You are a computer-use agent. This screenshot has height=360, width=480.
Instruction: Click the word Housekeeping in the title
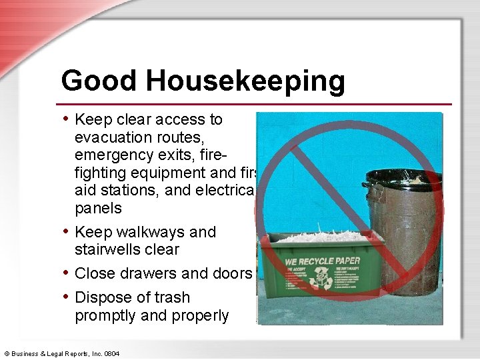(x=246, y=81)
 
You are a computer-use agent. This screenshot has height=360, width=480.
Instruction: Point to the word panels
(x=99, y=208)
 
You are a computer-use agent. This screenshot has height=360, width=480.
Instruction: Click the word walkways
(x=149, y=232)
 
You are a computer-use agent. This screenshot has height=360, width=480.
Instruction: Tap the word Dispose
(x=103, y=297)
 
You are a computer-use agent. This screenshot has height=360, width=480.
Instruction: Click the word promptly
(x=105, y=315)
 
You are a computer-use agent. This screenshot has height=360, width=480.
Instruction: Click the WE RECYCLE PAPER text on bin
(x=323, y=261)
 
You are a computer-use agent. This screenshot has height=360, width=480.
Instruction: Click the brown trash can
(x=400, y=240)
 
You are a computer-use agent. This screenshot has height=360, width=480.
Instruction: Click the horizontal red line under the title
(x=256, y=104)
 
